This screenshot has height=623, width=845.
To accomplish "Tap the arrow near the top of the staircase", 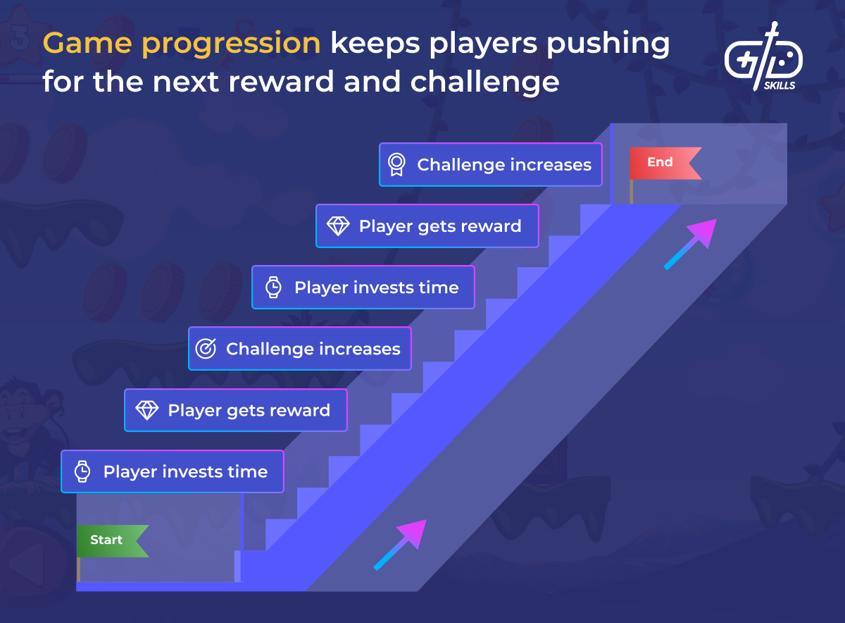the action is point(690,244).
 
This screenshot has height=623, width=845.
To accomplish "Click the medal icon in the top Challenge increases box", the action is point(396,165).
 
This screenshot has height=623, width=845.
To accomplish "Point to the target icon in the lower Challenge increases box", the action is point(206,349).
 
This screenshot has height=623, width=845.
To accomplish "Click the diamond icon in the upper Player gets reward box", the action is point(338,226).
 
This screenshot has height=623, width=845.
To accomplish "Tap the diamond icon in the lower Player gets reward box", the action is point(147,410).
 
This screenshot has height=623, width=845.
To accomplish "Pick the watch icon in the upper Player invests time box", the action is point(273,288).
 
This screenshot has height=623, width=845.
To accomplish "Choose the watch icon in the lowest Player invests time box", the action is point(82,471).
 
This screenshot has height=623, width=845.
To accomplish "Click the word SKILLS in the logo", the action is point(780,86).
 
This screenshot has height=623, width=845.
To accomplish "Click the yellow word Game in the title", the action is point(87,44).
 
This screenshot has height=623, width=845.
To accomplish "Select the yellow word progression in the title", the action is point(231,45).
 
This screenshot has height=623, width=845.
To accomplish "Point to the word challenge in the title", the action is point(484,82).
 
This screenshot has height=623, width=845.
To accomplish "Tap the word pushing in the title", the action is point(608,44).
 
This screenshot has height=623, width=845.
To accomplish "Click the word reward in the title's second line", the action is point(282,82).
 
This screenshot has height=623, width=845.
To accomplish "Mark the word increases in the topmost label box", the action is point(551,165).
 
